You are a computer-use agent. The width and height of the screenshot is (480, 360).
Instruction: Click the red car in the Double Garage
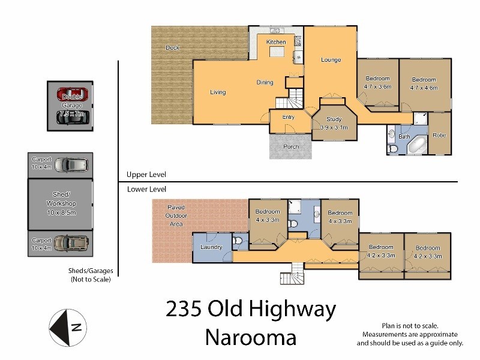pos(72,94)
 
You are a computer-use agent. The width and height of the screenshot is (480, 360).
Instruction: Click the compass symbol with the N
pos(68,327)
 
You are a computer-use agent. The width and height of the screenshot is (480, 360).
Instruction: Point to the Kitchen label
pos(276,42)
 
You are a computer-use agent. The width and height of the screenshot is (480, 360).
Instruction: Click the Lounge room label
pos(331,59)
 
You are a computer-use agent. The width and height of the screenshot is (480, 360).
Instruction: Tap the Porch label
pos(291,146)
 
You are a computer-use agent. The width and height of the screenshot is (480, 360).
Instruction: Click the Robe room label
pos(439,135)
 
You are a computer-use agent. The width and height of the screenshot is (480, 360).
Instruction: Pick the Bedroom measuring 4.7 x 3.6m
pos(377,82)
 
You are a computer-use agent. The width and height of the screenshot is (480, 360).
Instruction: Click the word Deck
pos(173,47)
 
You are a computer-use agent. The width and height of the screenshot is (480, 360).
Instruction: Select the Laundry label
pos(211,247)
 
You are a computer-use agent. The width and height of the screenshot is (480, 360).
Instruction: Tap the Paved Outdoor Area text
pos(176,215)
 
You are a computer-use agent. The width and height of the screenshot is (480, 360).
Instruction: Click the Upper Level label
pos(146,175)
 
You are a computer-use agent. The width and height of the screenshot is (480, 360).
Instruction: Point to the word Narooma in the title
pos(251,338)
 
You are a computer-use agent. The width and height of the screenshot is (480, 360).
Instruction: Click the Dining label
pos(265,83)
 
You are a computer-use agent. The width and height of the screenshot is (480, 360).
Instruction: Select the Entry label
pos(288,116)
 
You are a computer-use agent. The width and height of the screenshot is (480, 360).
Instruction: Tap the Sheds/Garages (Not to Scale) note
pos(91,275)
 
